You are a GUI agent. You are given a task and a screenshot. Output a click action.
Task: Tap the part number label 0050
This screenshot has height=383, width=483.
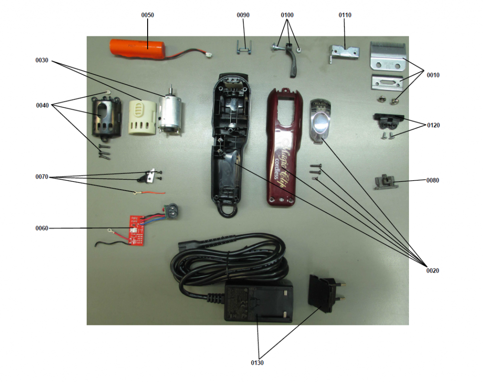(147, 15)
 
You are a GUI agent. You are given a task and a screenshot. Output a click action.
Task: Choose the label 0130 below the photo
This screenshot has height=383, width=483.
(257, 363)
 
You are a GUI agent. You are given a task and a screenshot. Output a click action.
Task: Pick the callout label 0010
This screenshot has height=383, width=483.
(433, 75)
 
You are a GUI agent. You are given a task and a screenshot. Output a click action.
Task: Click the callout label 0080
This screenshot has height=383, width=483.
(433, 180)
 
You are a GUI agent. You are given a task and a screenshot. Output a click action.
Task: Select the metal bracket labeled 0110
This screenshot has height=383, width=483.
(343, 53)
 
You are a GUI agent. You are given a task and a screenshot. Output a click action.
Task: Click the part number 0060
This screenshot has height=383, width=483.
(42, 228)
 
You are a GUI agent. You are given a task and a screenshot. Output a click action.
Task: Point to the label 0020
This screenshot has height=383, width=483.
(433, 271)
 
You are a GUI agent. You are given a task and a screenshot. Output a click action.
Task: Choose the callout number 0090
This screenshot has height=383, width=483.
(243, 15)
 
